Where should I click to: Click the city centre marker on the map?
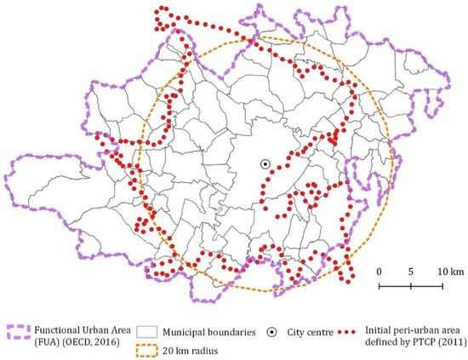pos(265,163)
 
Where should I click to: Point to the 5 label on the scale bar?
pos(410,271)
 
